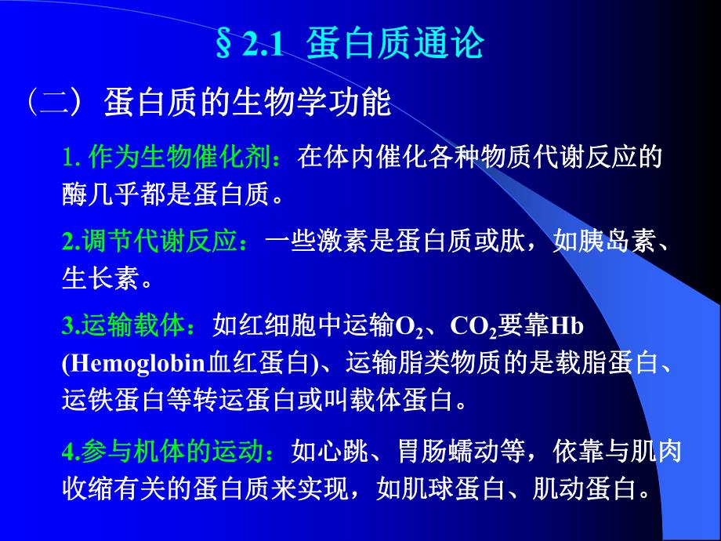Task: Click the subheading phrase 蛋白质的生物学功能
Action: [247, 103]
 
